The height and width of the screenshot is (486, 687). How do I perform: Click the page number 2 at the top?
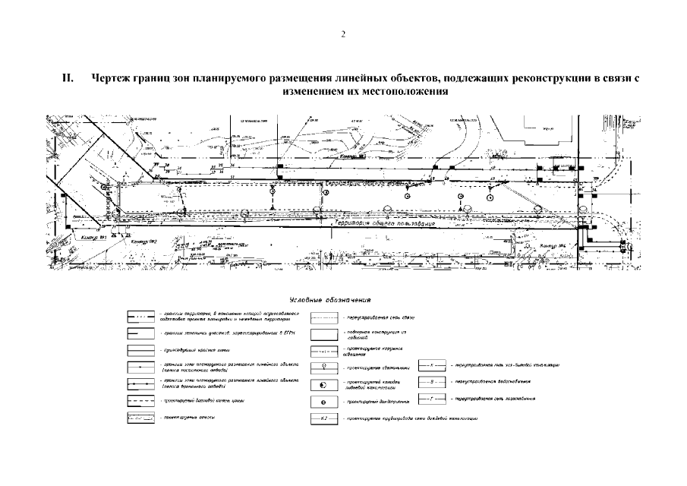[x=343, y=34]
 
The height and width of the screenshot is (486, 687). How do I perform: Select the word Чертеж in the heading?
[x=109, y=78]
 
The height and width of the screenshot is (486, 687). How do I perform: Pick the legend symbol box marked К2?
[x=324, y=419]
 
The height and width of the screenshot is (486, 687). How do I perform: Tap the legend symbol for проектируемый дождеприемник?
[x=324, y=401]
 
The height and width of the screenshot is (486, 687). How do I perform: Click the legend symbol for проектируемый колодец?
[x=324, y=383]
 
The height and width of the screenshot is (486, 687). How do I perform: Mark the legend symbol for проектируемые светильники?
[x=324, y=368]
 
